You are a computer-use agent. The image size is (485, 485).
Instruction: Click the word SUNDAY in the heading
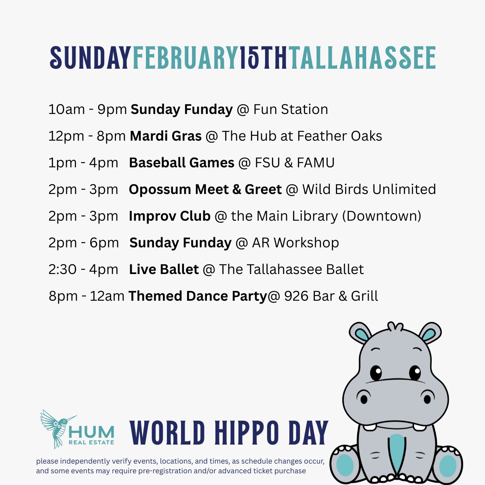click(x=90, y=58)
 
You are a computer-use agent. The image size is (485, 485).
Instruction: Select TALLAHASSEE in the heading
click(x=362, y=58)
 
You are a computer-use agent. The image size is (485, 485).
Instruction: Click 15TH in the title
click(x=264, y=58)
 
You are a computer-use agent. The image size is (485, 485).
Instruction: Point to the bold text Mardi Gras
click(x=166, y=136)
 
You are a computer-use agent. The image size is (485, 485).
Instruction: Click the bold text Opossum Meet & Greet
click(x=205, y=190)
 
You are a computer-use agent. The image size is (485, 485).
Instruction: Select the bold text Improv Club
click(x=170, y=216)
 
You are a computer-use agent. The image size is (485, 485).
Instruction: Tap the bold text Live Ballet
click(x=164, y=269)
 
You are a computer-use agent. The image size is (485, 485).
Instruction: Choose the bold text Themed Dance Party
click(x=198, y=296)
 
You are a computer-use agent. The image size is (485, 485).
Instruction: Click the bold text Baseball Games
click(x=181, y=163)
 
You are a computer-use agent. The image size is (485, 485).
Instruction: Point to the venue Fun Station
click(x=291, y=110)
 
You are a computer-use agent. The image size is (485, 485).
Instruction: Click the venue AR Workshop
click(x=295, y=243)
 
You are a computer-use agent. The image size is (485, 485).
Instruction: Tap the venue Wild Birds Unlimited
click(x=369, y=190)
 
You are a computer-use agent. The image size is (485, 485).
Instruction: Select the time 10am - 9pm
click(x=88, y=110)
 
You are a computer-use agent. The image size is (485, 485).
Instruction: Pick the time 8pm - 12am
click(x=86, y=296)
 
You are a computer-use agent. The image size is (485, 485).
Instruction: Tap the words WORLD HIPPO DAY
click(x=229, y=433)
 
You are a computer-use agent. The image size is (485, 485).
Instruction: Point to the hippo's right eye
click(x=415, y=373)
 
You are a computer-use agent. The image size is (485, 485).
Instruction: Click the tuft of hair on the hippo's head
click(x=395, y=326)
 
